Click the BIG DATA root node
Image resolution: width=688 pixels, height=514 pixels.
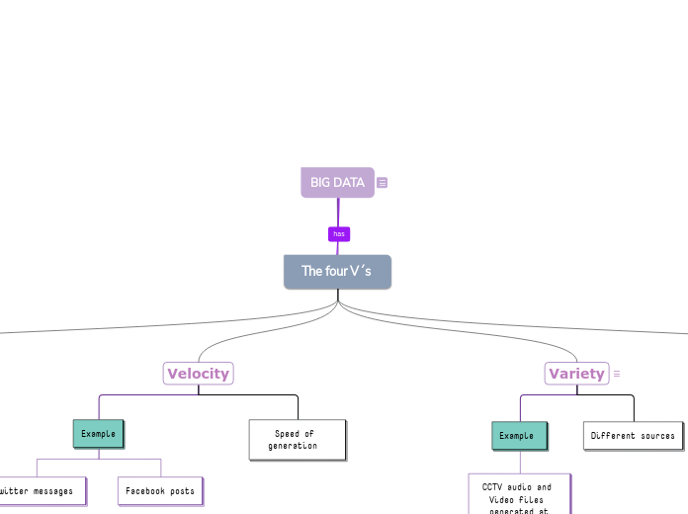tap(337, 183)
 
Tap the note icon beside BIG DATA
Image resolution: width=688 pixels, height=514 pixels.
tap(383, 183)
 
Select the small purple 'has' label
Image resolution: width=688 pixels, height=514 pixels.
tap(339, 234)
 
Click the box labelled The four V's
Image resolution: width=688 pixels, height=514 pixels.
tap(337, 272)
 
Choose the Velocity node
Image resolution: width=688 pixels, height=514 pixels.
tap(198, 374)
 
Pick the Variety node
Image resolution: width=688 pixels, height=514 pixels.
tap(576, 374)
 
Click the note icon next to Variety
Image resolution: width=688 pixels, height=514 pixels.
tap(617, 374)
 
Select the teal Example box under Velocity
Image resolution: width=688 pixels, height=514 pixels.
tap(98, 434)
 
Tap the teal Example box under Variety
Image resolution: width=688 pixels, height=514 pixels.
tap(517, 435)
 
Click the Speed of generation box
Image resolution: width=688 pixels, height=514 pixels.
tap(297, 440)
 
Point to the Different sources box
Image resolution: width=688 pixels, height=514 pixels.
tap(633, 435)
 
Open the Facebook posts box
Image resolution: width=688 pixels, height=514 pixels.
tap(160, 490)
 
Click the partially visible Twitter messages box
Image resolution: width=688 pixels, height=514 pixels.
tap(40, 490)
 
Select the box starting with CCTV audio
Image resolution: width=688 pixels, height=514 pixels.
tap(518, 494)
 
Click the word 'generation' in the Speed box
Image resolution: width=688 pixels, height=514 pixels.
tap(293, 446)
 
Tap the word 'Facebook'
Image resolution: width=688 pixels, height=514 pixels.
tap(145, 490)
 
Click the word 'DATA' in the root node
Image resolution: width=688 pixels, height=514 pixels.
tap(350, 183)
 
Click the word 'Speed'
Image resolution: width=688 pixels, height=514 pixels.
tap(287, 433)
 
